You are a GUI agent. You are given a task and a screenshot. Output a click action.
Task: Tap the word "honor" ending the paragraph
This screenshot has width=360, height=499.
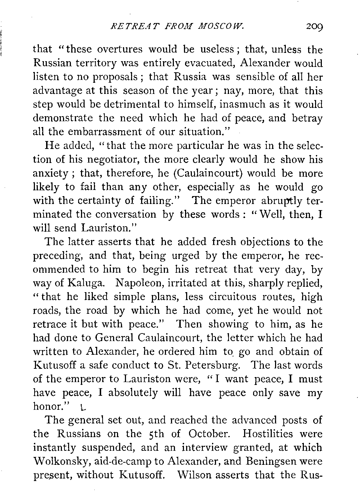click(46, 407)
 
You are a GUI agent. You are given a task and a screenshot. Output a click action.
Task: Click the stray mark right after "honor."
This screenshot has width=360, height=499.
click(83, 407)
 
